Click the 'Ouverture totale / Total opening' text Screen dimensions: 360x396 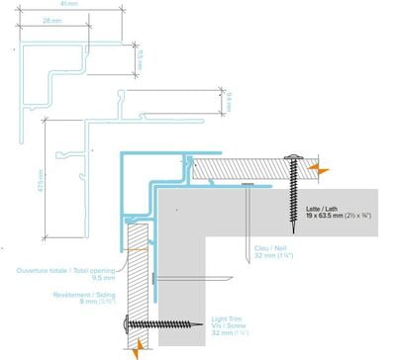click(57, 270)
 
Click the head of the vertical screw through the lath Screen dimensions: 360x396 click(294, 158)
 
